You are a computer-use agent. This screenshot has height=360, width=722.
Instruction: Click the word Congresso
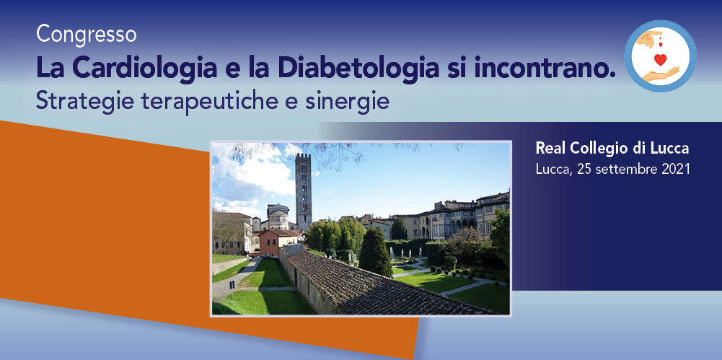86,35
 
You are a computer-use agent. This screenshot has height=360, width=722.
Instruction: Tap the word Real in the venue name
550,148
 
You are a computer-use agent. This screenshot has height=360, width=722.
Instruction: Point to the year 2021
676,169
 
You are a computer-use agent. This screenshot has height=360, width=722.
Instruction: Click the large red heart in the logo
660,59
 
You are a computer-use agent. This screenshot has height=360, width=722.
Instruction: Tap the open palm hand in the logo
661,74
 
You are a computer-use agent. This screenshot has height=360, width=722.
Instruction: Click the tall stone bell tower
304,192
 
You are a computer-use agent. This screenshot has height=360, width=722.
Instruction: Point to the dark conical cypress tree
375,253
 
